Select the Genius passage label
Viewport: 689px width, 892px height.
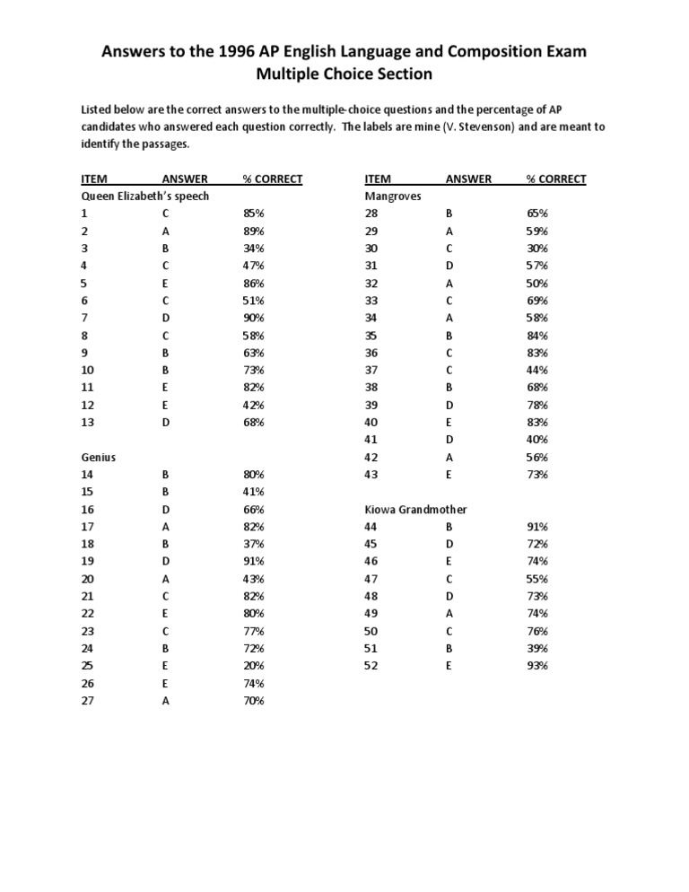click(99, 457)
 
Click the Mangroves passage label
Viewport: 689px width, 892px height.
click(393, 196)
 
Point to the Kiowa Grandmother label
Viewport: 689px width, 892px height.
click(415, 509)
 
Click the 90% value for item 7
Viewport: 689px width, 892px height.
click(254, 318)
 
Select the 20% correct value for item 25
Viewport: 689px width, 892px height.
click(254, 666)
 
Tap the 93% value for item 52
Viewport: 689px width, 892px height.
click(537, 666)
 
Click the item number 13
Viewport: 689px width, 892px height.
click(88, 422)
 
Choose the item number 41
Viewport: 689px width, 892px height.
click(371, 440)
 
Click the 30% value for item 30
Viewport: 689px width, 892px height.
click(537, 248)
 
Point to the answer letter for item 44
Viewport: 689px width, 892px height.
click(449, 527)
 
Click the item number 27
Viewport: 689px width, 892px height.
click(88, 701)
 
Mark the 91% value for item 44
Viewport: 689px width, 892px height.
click(537, 527)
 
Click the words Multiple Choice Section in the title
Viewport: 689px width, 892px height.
click(344, 74)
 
